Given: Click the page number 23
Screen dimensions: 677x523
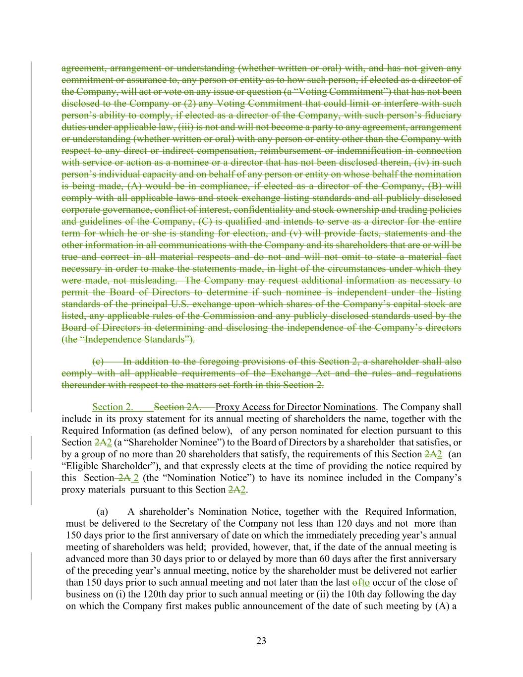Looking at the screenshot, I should point(261,641).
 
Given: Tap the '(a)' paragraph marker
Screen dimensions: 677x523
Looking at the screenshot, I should point(102,511).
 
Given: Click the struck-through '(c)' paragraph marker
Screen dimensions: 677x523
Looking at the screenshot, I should point(98,362).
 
